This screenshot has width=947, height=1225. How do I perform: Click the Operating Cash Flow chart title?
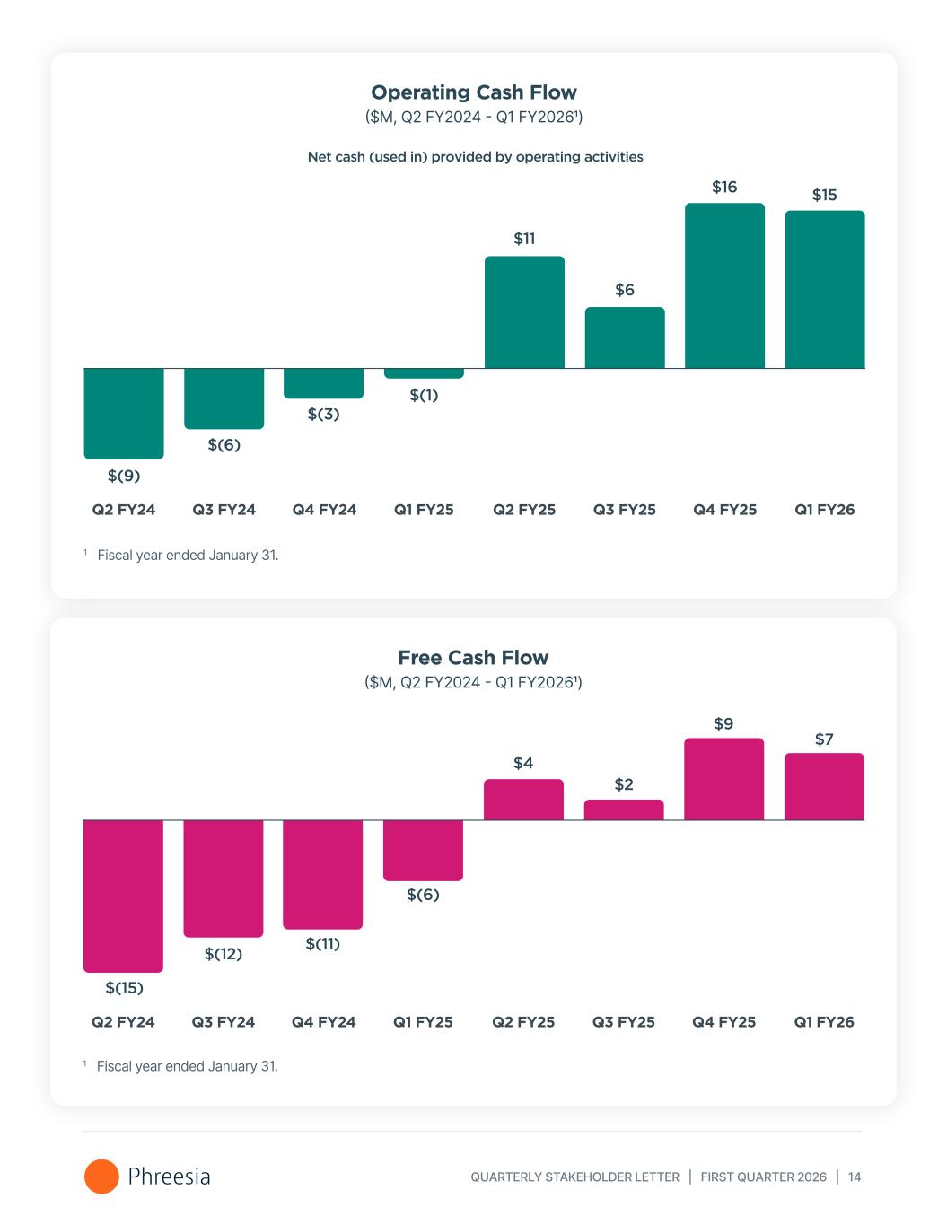[x=473, y=92]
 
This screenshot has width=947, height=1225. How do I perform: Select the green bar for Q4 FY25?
[x=724, y=285]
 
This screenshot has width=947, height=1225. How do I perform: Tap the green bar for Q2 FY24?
[x=124, y=413]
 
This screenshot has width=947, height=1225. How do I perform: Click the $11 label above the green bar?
[x=524, y=239]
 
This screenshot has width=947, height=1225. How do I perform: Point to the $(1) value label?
[x=424, y=396]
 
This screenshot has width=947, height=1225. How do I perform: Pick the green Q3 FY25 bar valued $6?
[x=625, y=337]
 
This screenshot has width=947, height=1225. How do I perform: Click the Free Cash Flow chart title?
[x=473, y=658]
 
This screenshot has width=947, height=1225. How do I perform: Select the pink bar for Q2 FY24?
[x=124, y=895]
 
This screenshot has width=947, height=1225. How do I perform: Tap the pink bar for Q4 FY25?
[x=723, y=779]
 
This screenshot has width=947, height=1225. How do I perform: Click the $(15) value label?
[x=124, y=988]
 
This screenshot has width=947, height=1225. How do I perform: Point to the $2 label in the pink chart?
[x=624, y=785]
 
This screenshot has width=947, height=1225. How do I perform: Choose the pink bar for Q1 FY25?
[x=423, y=850]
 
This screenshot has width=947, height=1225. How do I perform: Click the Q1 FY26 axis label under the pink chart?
[x=824, y=1022]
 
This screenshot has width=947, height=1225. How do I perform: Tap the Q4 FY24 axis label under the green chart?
[x=324, y=510]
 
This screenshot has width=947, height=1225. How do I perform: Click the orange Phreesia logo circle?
[x=101, y=1177]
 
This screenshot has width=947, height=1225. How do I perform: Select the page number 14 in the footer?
[x=855, y=1177]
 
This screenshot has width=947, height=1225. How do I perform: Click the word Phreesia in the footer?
[x=169, y=1177]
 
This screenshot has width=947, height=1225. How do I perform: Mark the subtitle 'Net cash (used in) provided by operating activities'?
[x=475, y=157]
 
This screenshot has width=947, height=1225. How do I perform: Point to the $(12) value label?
[x=224, y=954]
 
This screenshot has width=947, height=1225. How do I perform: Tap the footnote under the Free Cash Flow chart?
[x=187, y=1066]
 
